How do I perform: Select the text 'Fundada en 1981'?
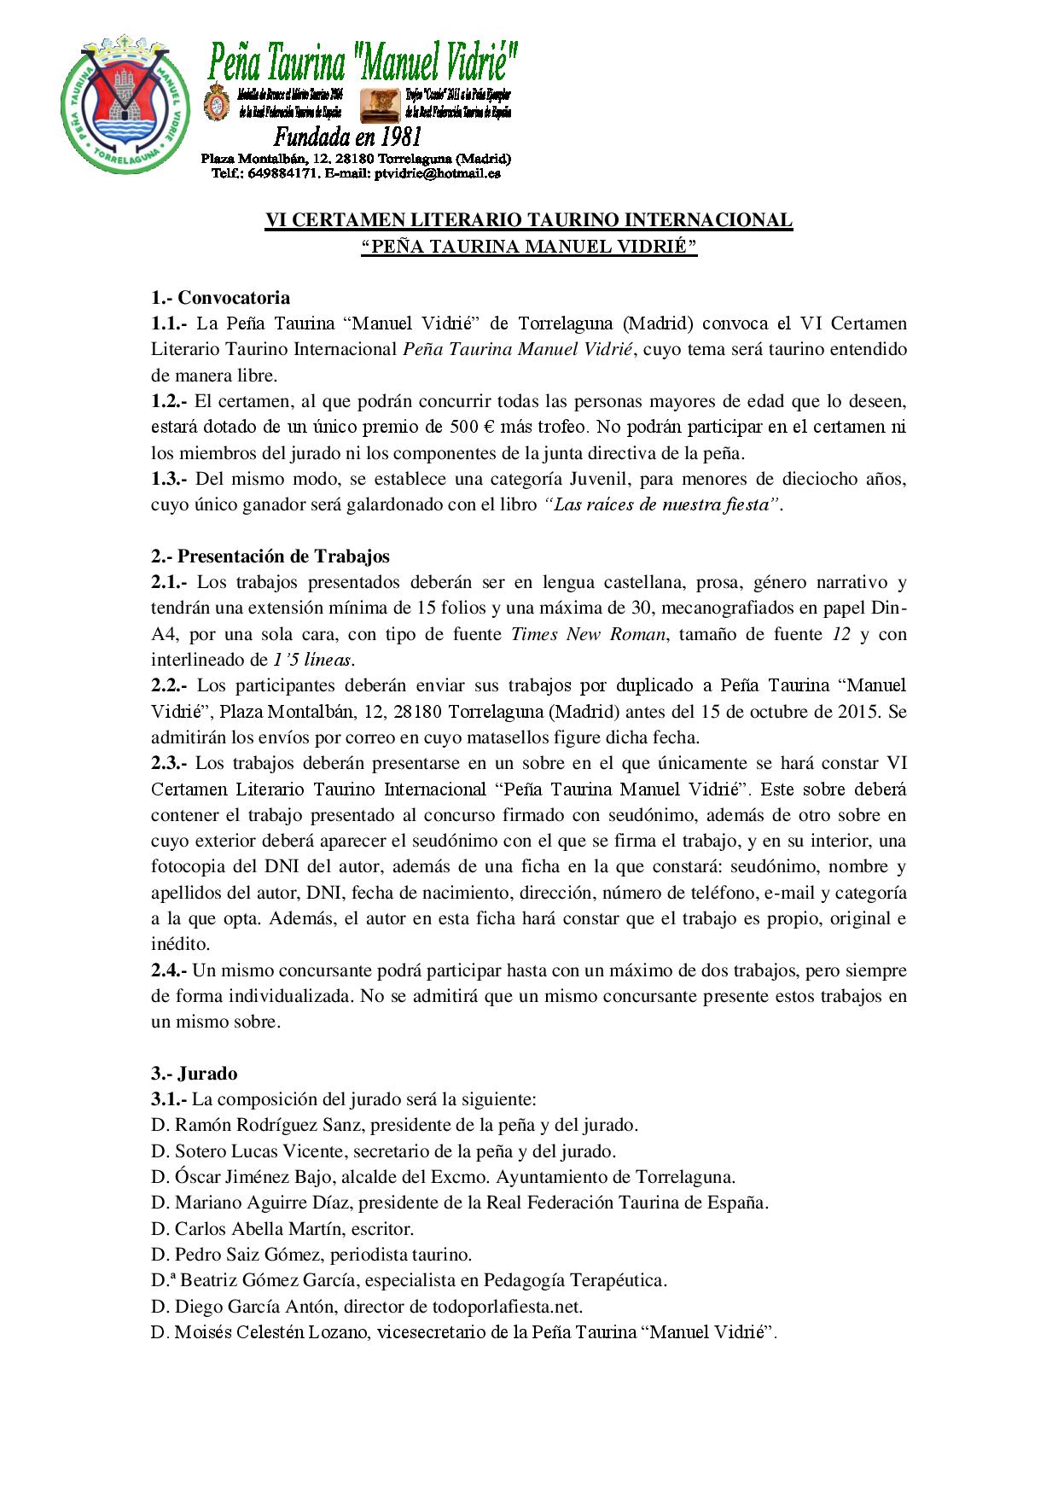point(347,137)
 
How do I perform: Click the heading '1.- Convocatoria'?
point(220,298)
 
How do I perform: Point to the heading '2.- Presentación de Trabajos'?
point(270,556)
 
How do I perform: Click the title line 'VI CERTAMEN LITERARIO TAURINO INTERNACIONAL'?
point(529,220)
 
